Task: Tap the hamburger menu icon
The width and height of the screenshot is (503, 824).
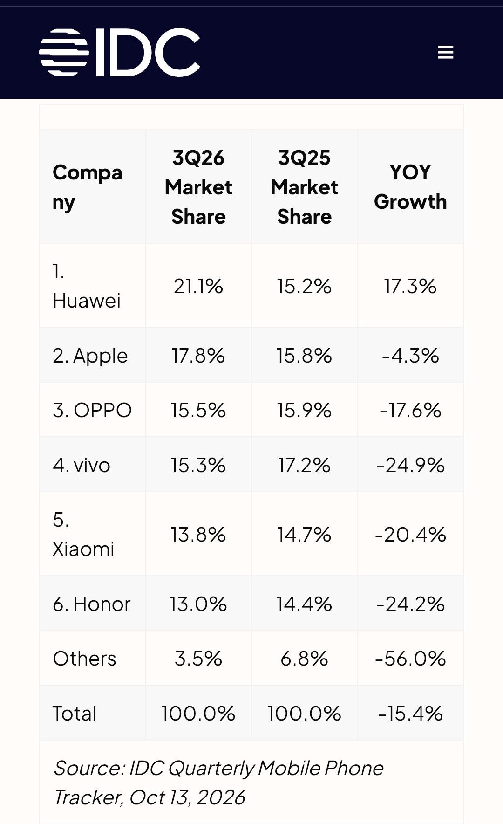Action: pos(445,52)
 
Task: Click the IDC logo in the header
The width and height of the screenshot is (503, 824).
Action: pos(120,52)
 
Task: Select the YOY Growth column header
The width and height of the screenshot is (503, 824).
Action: pos(410,187)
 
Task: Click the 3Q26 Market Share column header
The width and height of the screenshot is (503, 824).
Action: pos(198,187)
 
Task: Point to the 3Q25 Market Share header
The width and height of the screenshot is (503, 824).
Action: pos(304,187)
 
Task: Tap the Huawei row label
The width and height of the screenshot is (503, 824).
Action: pos(87,286)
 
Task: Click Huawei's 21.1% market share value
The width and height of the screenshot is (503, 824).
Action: pos(198,286)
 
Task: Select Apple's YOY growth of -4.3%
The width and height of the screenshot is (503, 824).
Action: pos(410,356)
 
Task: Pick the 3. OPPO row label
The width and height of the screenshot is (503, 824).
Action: pos(92,410)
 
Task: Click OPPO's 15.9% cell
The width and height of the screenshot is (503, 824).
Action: pos(304,410)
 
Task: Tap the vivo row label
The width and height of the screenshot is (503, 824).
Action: pos(82,465)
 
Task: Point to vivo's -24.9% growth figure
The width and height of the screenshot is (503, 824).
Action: pos(410,465)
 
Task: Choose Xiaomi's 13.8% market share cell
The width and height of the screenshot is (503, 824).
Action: pos(198,534)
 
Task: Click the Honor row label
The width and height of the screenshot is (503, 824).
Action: pos(92,604)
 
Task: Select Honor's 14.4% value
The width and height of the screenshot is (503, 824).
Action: pos(304,604)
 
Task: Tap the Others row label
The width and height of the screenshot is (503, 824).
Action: pos(84,659)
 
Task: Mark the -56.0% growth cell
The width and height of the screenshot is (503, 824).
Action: pos(410,659)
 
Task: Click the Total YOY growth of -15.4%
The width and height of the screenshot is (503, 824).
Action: pos(410,714)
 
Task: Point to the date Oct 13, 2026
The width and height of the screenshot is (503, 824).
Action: pos(187,797)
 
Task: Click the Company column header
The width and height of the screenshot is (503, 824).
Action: pos(88,187)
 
